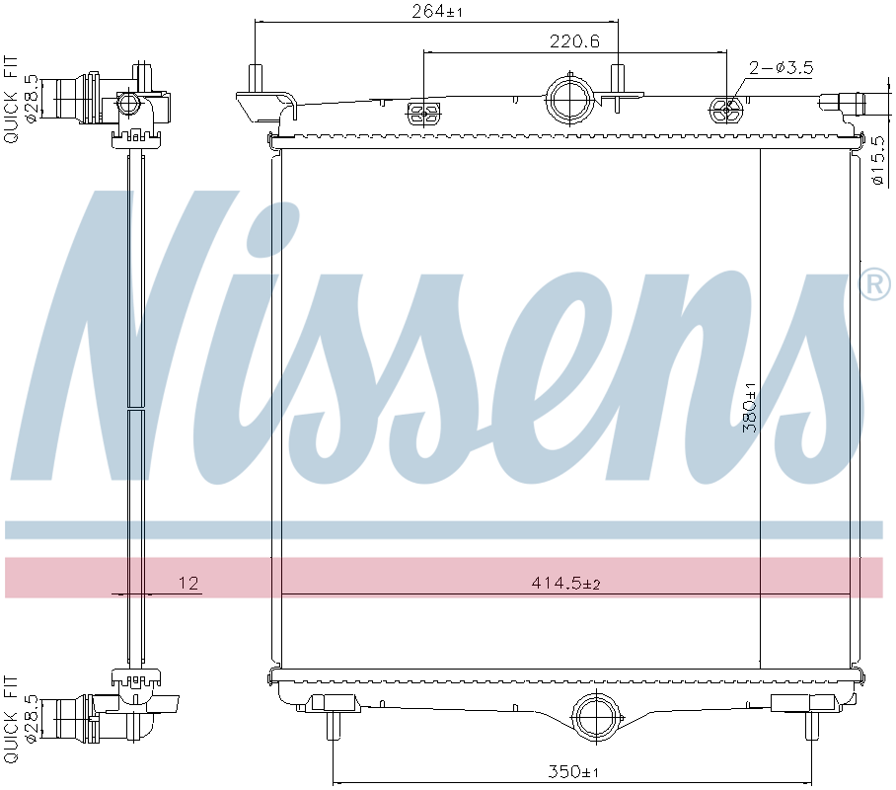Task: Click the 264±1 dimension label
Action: pyautogui.click(x=437, y=12)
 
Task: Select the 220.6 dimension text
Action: pyautogui.click(x=573, y=41)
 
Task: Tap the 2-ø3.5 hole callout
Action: pyautogui.click(x=780, y=68)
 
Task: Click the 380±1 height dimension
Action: pyautogui.click(x=750, y=407)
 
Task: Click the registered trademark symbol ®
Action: pyautogui.click(x=874, y=285)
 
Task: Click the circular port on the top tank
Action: pyautogui.click(x=570, y=100)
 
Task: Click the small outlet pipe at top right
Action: pyautogui.click(x=842, y=100)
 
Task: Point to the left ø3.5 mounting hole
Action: pyautogui.click(x=424, y=112)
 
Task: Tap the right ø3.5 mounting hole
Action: pyautogui.click(x=726, y=110)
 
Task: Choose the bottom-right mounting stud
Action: pyautogui.click(x=811, y=724)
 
